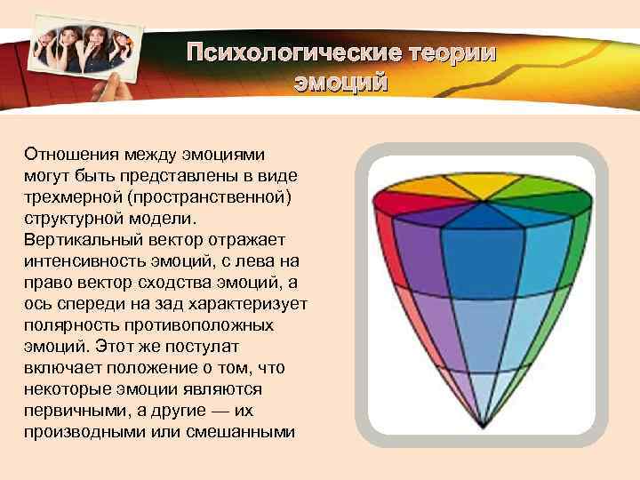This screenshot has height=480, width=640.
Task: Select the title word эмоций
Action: point(341,84)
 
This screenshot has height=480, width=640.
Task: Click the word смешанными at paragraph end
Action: point(241,433)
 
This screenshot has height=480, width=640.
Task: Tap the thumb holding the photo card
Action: point(113,88)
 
